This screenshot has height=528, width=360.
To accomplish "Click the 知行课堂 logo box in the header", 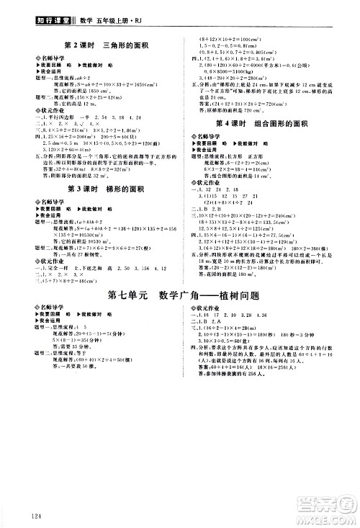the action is pyautogui.click(x=27, y=10).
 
